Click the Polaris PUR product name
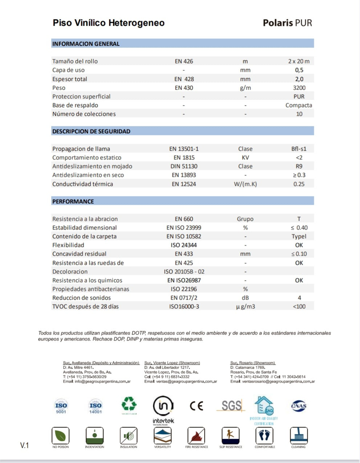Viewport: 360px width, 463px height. click(x=287, y=23)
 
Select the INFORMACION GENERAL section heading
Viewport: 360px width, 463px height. click(x=86, y=44)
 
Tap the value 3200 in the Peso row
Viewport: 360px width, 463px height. click(x=299, y=88)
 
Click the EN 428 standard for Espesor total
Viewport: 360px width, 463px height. click(x=184, y=79)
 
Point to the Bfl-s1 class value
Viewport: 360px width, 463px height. click(x=299, y=149)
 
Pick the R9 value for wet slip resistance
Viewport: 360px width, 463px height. click(x=299, y=166)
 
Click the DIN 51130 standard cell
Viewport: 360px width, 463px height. click(x=184, y=166)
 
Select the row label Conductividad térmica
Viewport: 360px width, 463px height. click(x=82, y=184)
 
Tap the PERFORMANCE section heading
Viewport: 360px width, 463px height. click(x=73, y=202)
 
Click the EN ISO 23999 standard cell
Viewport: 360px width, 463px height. click(x=184, y=228)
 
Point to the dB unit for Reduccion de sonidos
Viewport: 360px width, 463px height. click(x=245, y=298)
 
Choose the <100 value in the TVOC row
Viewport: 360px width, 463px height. click(x=299, y=306)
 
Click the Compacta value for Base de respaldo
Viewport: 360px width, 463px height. click(x=299, y=105)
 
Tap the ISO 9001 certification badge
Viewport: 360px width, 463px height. click(x=61, y=406)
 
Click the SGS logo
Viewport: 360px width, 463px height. click(x=231, y=406)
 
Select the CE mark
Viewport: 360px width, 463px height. click(x=197, y=406)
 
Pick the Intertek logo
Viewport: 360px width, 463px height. click(x=163, y=410)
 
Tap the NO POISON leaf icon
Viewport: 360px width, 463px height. click(x=60, y=435)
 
